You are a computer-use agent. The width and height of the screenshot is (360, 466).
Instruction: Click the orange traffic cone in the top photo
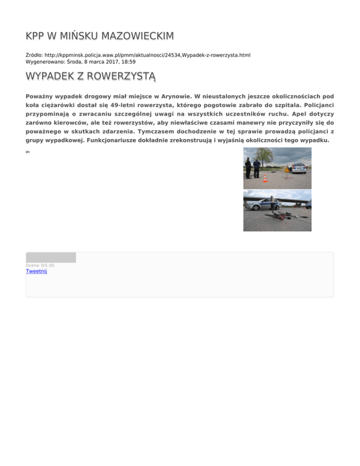pos(265,178)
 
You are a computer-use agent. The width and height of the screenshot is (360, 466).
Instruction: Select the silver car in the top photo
pos(298,168)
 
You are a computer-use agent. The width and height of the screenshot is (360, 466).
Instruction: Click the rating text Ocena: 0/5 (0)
pos(40,265)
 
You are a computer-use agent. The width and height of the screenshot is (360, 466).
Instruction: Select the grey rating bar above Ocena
pos(51,257)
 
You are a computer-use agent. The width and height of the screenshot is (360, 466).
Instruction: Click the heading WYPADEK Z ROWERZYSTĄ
pos(91,76)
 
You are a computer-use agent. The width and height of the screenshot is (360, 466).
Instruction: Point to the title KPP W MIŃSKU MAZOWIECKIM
pos(100,36)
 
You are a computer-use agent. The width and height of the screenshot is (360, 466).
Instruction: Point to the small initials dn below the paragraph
pos(28,152)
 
